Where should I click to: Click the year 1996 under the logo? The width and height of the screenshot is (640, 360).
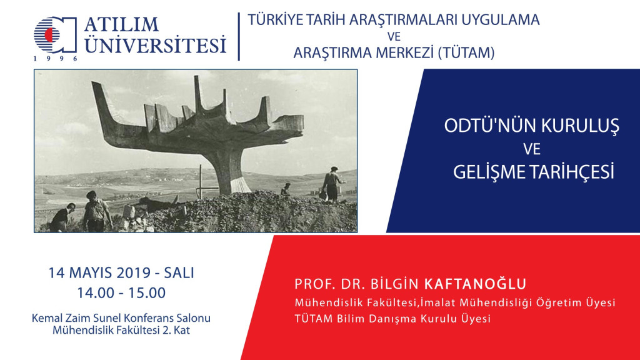56,58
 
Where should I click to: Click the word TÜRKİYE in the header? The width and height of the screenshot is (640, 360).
276,19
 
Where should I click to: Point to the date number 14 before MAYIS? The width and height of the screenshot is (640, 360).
56,272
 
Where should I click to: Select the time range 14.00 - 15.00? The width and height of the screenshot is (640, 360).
121,292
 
